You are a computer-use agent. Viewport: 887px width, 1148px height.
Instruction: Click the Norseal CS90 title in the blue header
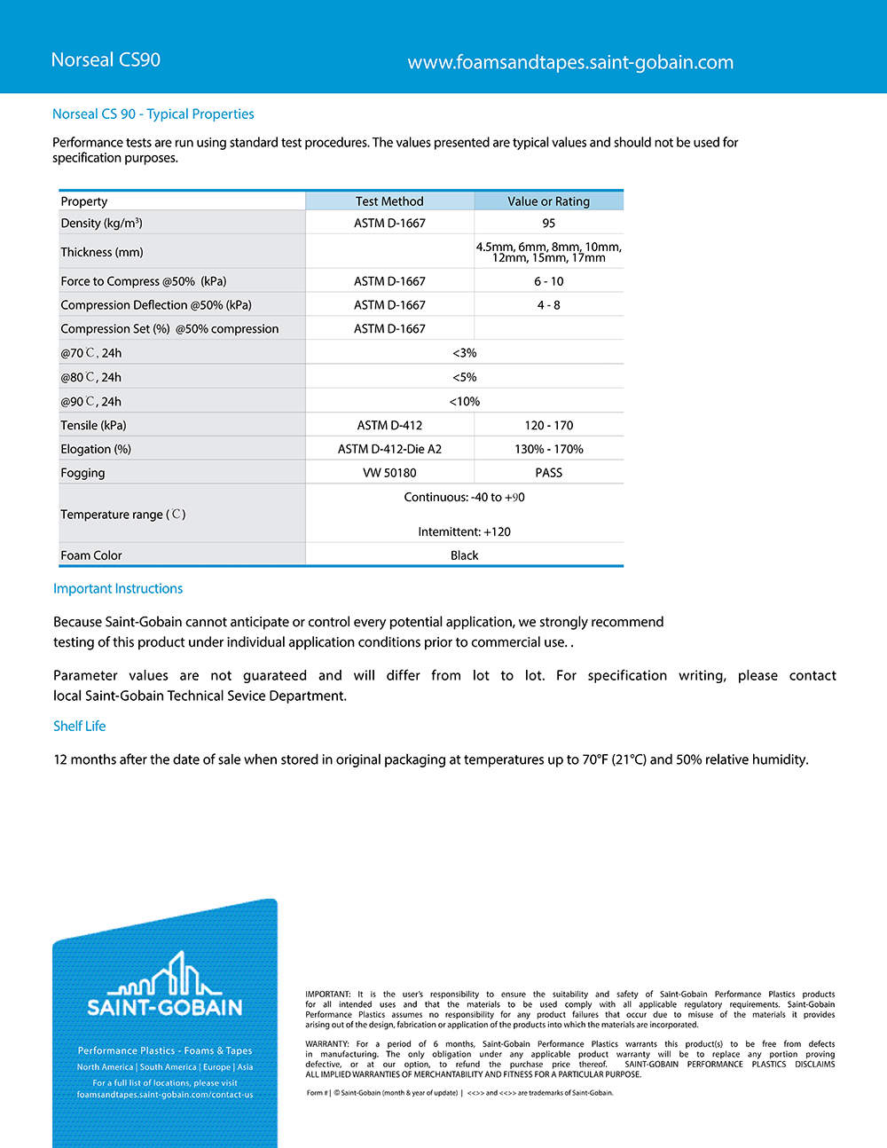click(106, 60)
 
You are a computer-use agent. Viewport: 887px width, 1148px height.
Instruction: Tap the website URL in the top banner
click(570, 62)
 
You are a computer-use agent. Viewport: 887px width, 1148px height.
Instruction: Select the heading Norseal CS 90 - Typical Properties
click(153, 114)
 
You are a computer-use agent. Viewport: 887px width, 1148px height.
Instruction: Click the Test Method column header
click(389, 201)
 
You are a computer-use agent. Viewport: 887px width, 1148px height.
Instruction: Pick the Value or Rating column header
click(548, 201)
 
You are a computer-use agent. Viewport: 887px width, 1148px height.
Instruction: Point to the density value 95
click(549, 224)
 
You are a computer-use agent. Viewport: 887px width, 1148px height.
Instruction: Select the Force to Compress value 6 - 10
click(549, 281)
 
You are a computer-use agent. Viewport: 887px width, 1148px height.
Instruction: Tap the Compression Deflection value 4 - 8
click(549, 305)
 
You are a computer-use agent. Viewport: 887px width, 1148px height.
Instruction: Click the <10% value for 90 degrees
click(464, 402)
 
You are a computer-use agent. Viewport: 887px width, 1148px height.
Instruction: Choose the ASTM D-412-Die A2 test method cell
click(389, 450)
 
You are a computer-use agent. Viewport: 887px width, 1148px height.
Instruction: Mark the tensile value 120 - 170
click(549, 426)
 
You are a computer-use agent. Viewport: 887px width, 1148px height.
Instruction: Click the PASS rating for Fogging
click(549, 473)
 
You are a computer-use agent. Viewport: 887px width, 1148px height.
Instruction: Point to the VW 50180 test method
click(389, 473)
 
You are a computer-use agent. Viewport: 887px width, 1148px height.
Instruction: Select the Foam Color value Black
click(464, 555)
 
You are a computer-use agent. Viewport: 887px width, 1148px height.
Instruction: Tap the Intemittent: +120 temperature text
click(464, 532)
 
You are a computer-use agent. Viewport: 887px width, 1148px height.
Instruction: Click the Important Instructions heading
click(118, 588)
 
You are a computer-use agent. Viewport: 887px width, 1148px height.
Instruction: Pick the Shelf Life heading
click(79, 726)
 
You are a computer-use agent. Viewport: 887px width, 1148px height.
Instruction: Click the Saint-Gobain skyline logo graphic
click(165, 975)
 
